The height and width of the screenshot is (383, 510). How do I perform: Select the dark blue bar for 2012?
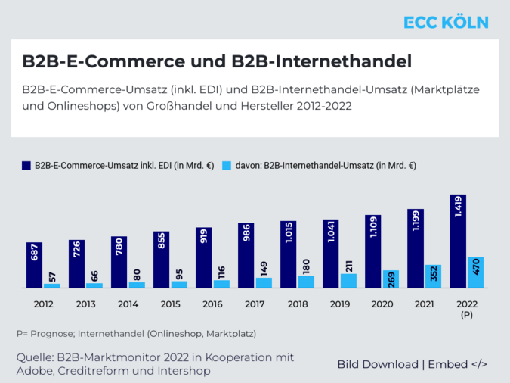35,265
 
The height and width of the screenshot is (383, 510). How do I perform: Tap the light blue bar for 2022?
474,272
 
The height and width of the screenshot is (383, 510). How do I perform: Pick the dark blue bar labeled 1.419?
458,241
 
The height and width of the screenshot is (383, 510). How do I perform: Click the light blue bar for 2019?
348,281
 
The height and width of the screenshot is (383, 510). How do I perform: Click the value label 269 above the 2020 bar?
391,279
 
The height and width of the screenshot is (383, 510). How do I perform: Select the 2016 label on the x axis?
212,304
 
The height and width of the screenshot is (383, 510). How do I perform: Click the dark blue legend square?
26,165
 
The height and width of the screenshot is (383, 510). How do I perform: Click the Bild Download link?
378,364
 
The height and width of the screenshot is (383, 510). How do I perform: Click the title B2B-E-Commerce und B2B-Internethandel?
217,60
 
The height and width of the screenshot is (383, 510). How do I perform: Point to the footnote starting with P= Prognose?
136,333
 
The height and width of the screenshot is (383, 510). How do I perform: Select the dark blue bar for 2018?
289,254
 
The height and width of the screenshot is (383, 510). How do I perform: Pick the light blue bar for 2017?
264,282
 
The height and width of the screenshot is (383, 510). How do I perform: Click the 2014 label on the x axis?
128,304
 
